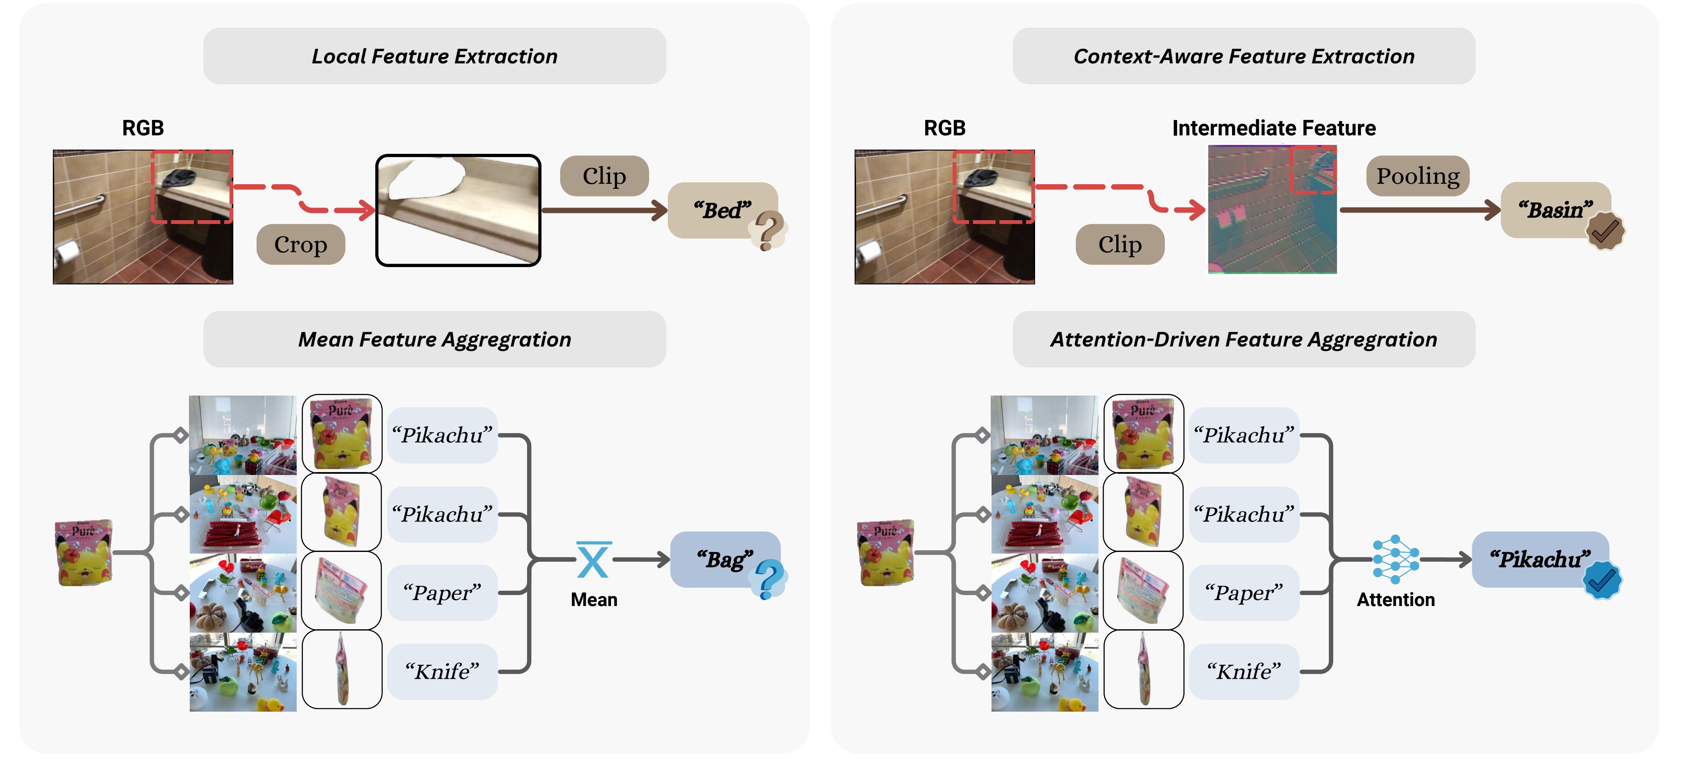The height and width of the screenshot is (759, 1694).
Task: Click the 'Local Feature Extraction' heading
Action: pos(434,57)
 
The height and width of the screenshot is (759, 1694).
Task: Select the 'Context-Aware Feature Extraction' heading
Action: pos(1243,57)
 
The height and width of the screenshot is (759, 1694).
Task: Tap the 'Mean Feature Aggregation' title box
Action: pos(434,339)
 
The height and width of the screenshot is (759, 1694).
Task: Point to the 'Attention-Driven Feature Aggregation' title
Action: pos(1243,339)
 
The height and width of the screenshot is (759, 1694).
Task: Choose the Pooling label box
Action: pos(1418,176)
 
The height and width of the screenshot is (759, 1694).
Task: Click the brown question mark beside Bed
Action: pos(768,231)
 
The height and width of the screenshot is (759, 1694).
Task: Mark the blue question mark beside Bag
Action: pos(769,579)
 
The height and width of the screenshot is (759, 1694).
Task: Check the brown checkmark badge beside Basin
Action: pos(1604,231)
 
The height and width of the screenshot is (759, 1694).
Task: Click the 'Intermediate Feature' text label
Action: pos(1274,128)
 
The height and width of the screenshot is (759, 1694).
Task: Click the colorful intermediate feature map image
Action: pos(1273,209)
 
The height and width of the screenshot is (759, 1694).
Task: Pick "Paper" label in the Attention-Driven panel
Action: pos(1243,592)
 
